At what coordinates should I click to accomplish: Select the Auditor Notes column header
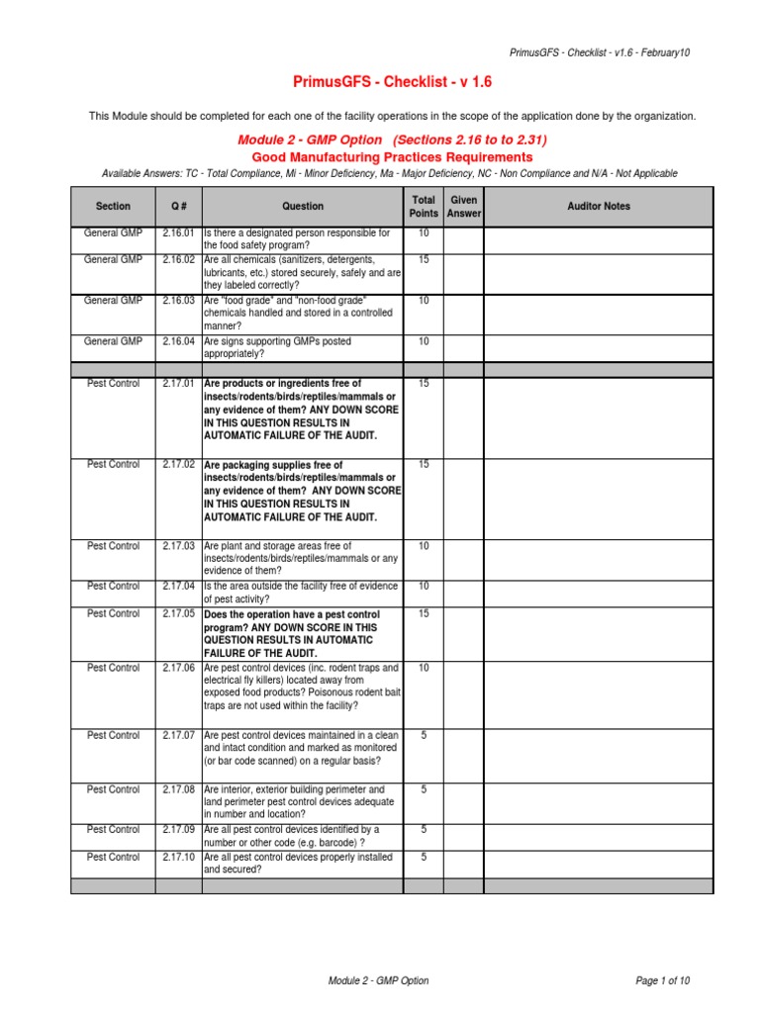click(598, 207)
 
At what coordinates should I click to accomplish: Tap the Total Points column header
click(423, 207)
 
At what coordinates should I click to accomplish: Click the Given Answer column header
click(463, 207)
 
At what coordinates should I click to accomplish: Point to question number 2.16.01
click(179, 233)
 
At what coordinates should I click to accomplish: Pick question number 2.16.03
click(179, 301)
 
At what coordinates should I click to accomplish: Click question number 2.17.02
click(179, 464)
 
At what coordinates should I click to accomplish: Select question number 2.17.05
click(179, 614)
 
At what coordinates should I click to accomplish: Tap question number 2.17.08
click(179, 790)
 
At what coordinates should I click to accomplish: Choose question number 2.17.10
click(179, 858)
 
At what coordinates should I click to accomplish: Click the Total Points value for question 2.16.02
click(423, 260)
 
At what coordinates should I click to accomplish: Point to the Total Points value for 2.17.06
click(423, 669)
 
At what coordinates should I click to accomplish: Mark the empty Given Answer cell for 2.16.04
click(463, 347)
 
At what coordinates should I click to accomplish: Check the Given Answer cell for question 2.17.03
click(463, 559)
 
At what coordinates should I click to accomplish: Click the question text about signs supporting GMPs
click(277, 347)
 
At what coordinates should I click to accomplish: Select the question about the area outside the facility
click(297, 593)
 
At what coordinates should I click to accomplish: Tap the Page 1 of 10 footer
click(662, 980)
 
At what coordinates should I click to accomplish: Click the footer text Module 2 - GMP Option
click(379, 980)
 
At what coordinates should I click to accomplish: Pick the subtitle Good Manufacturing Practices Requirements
click(392, 157)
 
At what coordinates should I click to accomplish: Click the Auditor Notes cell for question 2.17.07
click(598, 755)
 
